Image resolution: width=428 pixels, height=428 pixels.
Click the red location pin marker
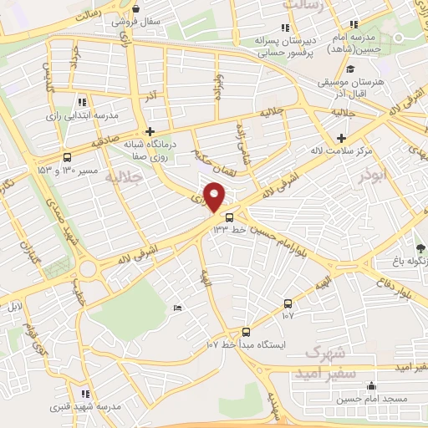pyautogui.click(x=216, y=198)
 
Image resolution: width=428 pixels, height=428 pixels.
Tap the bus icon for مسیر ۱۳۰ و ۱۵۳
pyautogui.click(x=67, y=156)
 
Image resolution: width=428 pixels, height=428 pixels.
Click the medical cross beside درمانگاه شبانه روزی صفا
pyautogui.click(x=150, y=131)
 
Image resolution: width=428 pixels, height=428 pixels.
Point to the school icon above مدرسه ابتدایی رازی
pyautogui.click(x=81, y=100)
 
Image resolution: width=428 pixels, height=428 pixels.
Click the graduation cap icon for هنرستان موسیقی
pyautogui.click(x=350, y=69)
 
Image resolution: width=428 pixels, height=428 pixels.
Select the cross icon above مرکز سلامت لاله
pyautogui.click(x=340, y=137)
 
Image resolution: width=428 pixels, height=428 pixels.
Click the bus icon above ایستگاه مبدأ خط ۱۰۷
pyautogui.click(x=246, y=331)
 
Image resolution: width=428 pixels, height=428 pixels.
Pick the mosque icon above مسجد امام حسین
pyautogui.click(x=372, y=386)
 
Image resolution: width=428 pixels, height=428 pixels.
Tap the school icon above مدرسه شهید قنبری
pyautogui.click(x=84, y=393)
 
